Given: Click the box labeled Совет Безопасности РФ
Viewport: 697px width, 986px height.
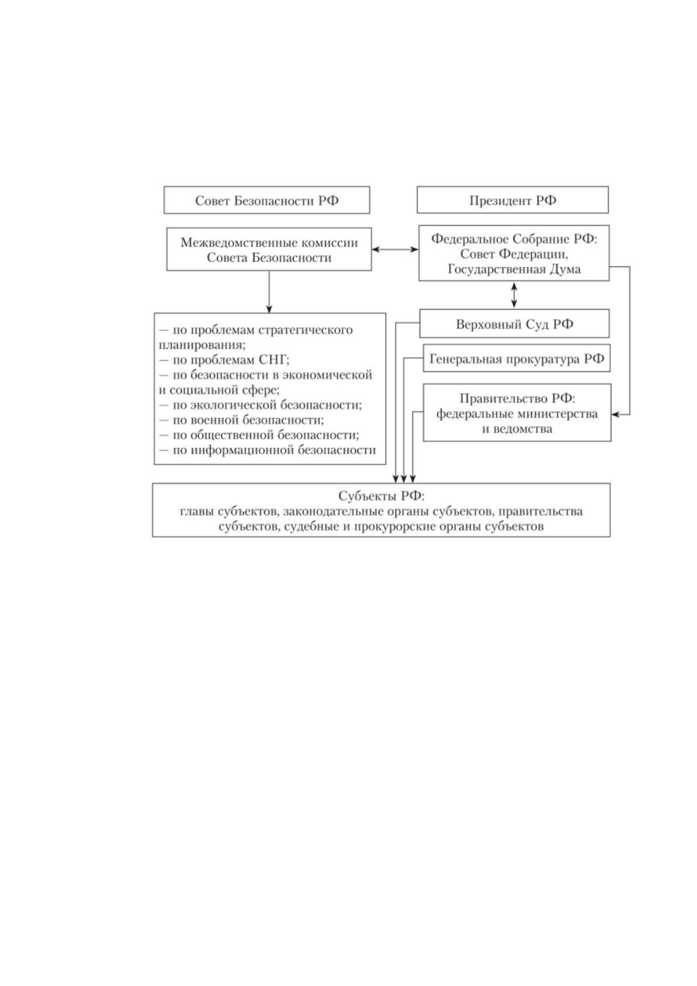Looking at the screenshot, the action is coord(267,200).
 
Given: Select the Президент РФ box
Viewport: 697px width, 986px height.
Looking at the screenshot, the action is coord(513,200).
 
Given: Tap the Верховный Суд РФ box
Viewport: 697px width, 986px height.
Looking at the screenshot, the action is coord(514,324).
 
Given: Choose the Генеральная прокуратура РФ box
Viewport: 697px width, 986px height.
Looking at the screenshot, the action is coord(517,358).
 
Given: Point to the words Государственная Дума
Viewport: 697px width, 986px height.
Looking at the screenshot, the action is coord(514,269).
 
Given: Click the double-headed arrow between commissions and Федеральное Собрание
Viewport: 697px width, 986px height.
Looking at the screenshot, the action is coord(394,249).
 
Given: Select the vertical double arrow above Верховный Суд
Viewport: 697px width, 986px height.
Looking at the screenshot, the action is coord(514,295).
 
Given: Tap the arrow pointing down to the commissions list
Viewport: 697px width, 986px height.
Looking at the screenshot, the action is coord(269,292).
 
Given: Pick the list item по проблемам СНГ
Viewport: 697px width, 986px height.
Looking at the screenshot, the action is coord(224,360).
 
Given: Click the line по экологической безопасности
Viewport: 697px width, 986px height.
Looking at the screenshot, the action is coord(260,405).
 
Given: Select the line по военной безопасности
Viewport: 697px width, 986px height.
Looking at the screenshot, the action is coord(241,420).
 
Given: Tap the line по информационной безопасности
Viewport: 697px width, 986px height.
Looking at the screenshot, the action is coord(267,450).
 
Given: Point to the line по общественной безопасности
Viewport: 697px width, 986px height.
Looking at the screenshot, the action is coord(259,435).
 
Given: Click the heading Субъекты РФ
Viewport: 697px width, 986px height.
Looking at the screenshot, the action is coord(381,496).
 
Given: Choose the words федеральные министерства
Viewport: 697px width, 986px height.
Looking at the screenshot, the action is coord(517,414).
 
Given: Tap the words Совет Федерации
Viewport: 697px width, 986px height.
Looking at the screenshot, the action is coord(514,254).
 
